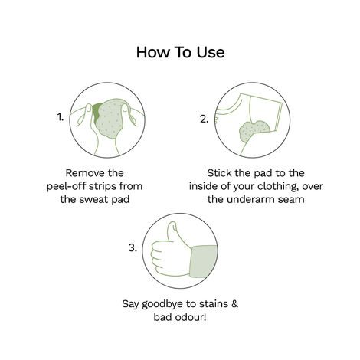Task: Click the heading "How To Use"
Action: click(x=180, y=53)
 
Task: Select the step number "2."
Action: click(x=204, y=119)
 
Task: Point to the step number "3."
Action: click(x=133, y=248)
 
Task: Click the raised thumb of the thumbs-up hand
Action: click(x=165, y=232)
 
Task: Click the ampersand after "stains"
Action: click(x=235, y=303)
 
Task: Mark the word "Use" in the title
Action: click(x=209, y=53)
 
